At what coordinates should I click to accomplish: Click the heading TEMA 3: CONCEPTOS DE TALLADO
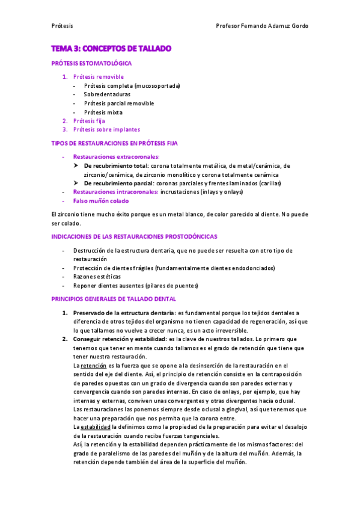(112, 48)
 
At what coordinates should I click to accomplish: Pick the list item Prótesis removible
(98, 77)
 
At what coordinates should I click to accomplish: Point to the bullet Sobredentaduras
(107, 94)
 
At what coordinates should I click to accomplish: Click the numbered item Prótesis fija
(88, 121)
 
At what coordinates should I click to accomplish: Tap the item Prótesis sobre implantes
(106, 129)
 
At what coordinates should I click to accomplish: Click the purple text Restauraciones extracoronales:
(112, 157)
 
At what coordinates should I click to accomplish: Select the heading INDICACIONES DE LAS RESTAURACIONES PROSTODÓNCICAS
(135, 237)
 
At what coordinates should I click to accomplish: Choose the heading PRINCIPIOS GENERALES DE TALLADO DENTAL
(114, 299)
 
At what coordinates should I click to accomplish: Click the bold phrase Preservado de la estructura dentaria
(124, 313)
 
